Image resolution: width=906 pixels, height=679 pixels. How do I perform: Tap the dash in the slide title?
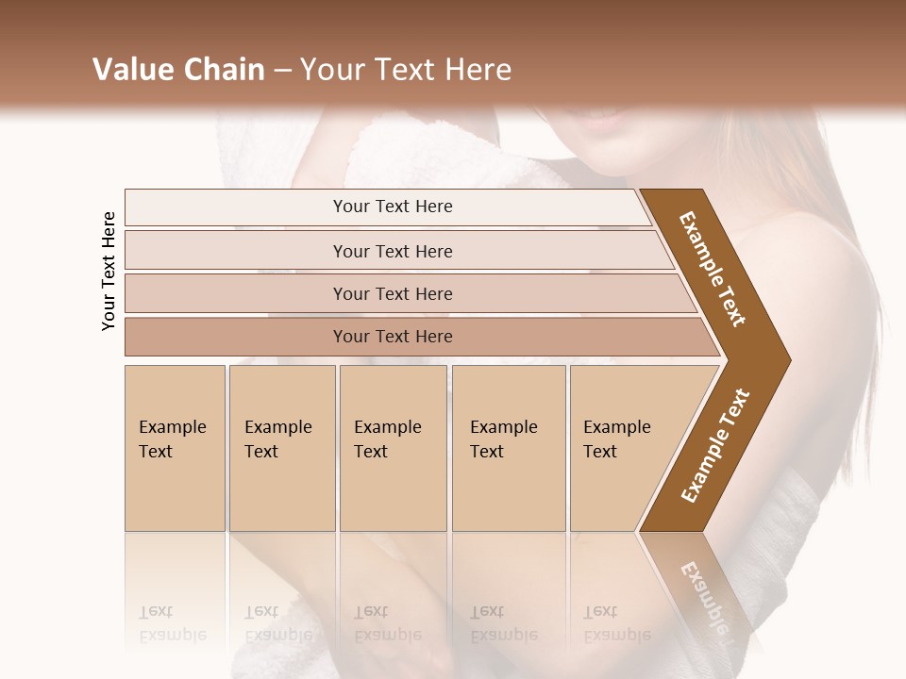[x=282, y=71]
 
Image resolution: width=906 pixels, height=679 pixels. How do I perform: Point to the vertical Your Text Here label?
[x=109, y=271]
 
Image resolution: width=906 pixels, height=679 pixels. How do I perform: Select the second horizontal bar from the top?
[x=392, y=251]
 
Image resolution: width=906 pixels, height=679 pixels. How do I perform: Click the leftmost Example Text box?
[x=175, y=448]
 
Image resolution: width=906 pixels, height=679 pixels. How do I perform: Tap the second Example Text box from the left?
[x=281, y=448]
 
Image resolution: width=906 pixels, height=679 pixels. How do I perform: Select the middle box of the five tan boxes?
[x=394, y=448]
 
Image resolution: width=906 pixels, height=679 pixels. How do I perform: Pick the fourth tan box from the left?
[x=509, y=448]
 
